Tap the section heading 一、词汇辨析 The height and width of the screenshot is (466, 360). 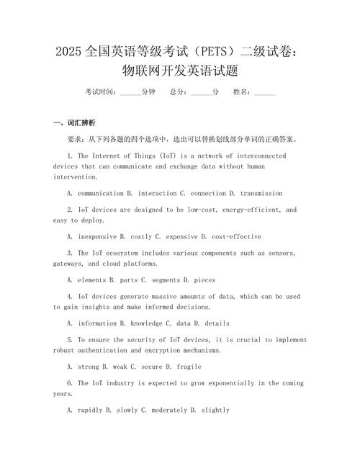tap(74, 122)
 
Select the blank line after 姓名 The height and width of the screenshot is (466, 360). tap(264, 93)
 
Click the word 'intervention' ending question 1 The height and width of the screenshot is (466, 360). tap(76, 176)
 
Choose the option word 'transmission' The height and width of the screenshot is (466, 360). tap(261, 193)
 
